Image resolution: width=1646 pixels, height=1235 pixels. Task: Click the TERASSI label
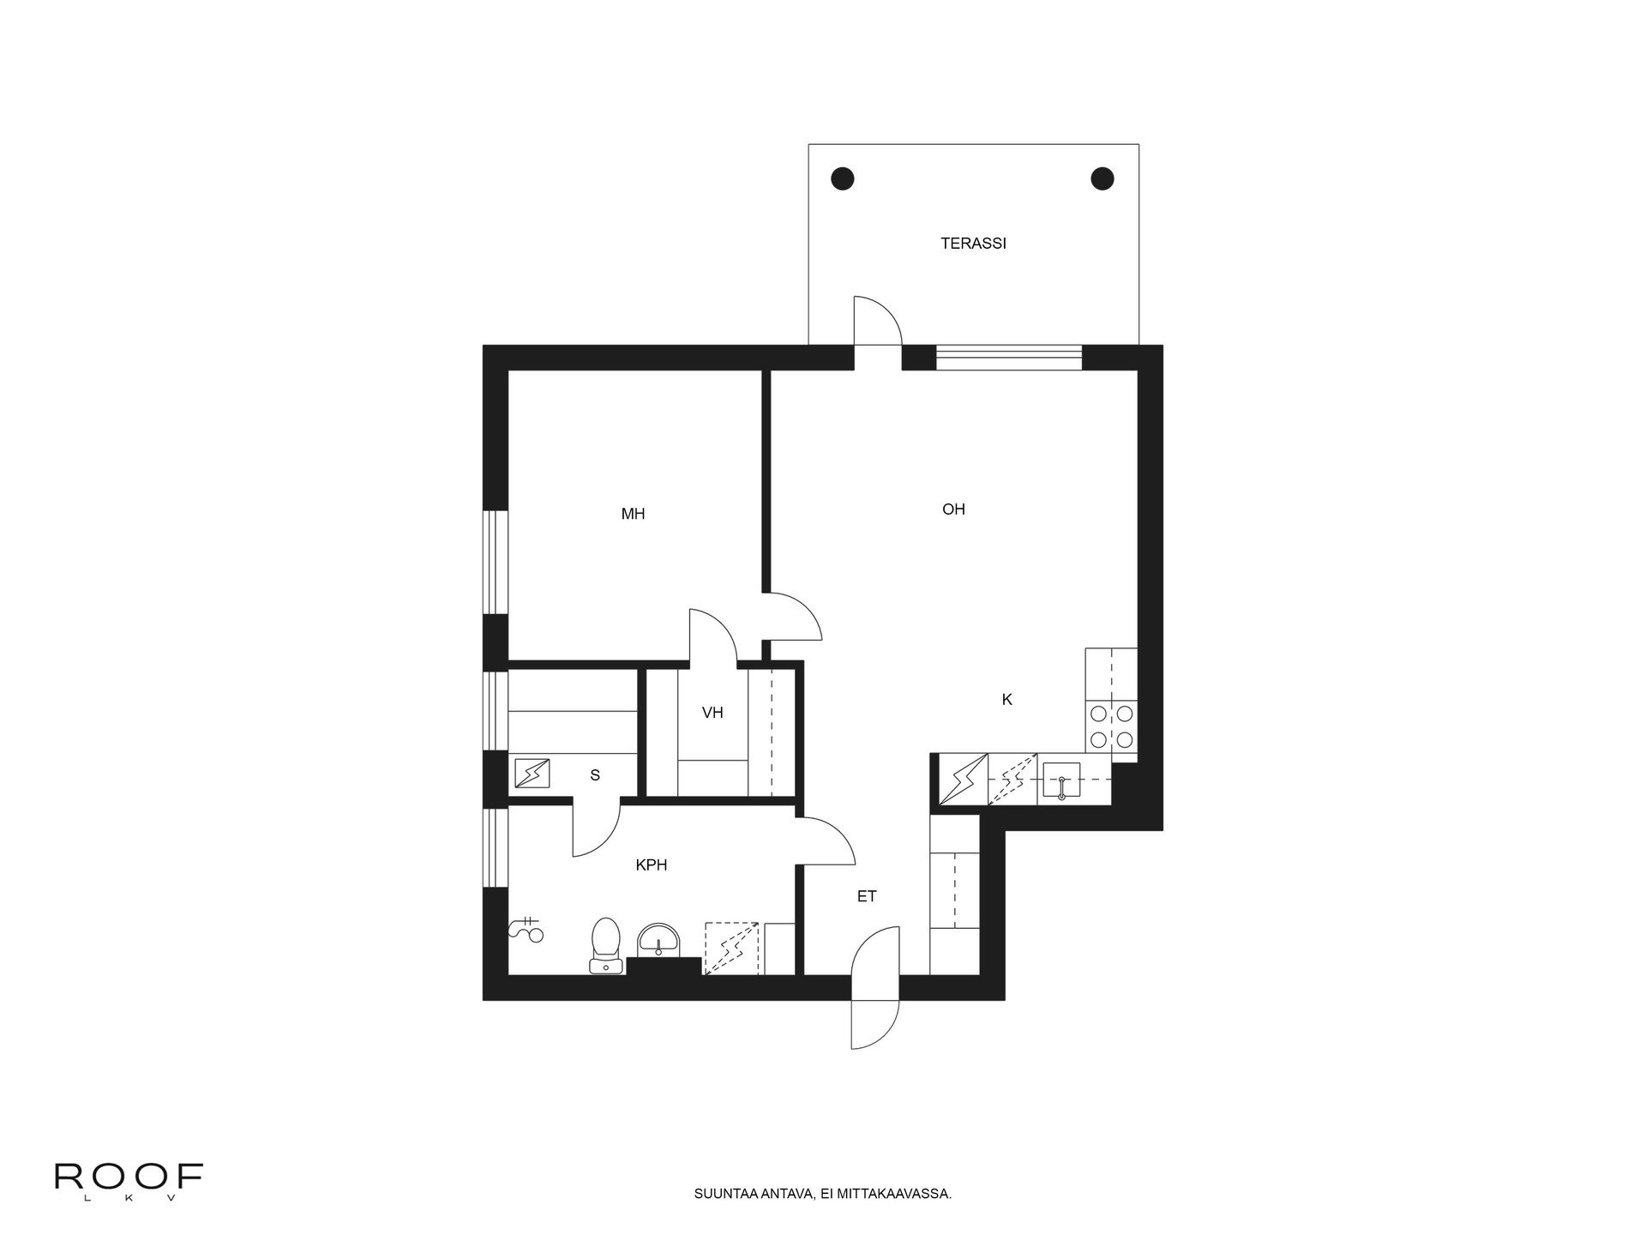pos(973,244)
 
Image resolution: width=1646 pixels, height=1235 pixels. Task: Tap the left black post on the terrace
pos(843,178)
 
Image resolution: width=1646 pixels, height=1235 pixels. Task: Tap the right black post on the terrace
pos(1102,178)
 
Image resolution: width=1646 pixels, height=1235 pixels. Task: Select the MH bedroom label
pos(633,515)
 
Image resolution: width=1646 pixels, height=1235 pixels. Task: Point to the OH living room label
pos(953,509)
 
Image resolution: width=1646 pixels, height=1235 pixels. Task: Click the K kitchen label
pos(1007,700)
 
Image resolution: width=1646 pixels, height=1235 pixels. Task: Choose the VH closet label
pos(712,713)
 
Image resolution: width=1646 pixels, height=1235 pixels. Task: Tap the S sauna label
pos(595,775)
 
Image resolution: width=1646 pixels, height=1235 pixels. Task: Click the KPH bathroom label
pos(652,865)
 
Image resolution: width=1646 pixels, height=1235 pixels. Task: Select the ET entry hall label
pos(867,896)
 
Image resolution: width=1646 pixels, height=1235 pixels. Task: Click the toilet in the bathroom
pos(606,945)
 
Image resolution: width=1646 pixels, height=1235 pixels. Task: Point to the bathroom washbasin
pos(658,940)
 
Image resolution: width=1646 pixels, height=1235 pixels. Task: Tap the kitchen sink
pos(1061,780)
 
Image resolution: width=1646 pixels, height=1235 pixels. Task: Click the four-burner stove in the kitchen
pos(1111,726)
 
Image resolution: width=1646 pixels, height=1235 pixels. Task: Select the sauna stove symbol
pos(532,774)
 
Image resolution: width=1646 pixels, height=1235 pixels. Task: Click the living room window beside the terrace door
pos(1008,357)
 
